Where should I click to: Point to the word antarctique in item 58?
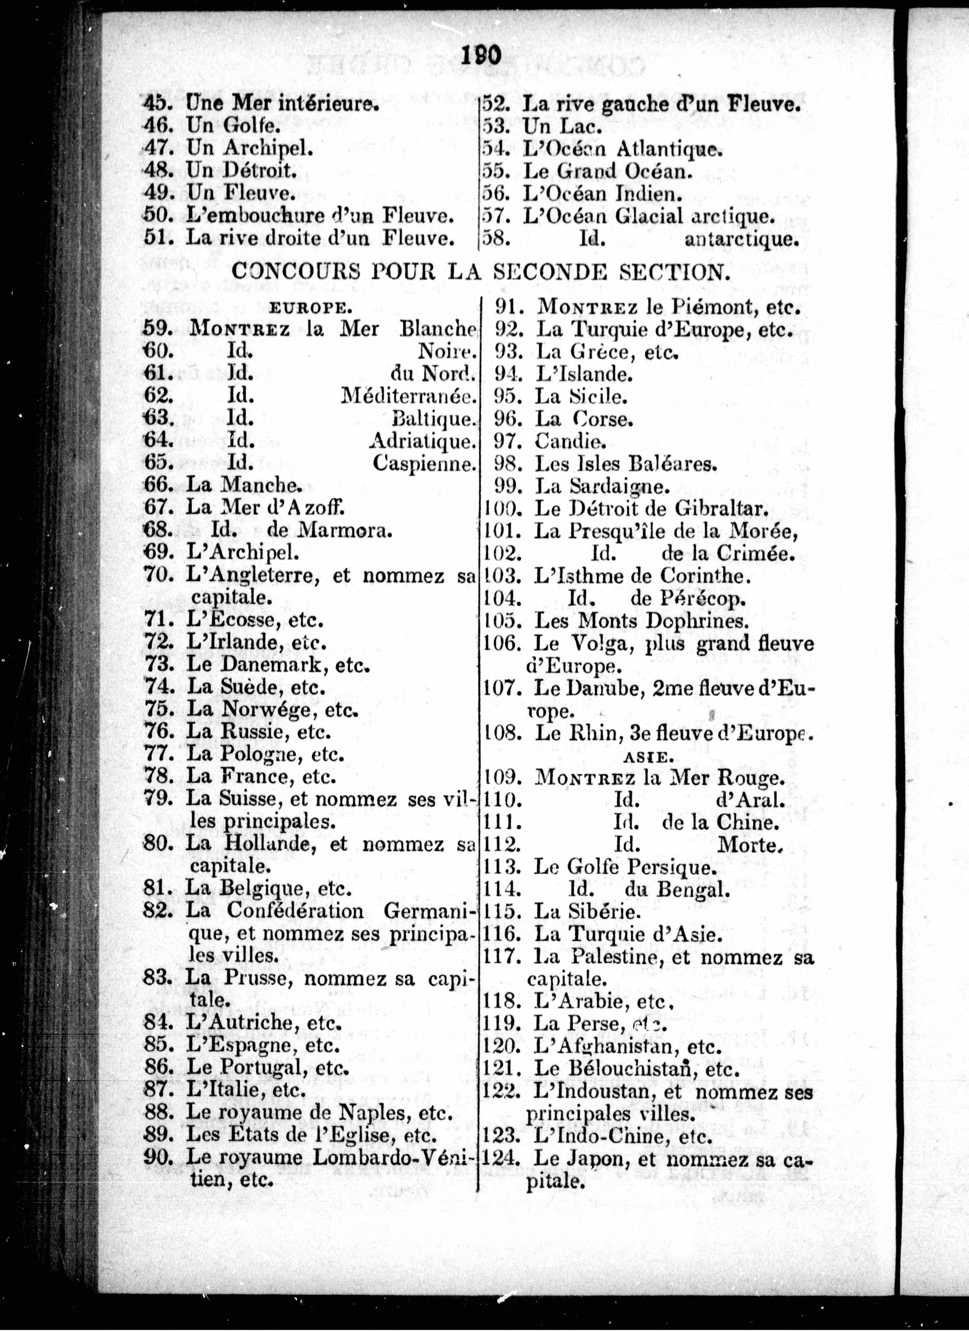[742, 240]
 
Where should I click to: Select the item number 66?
[157, 485]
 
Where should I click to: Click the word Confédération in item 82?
[295, 911]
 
